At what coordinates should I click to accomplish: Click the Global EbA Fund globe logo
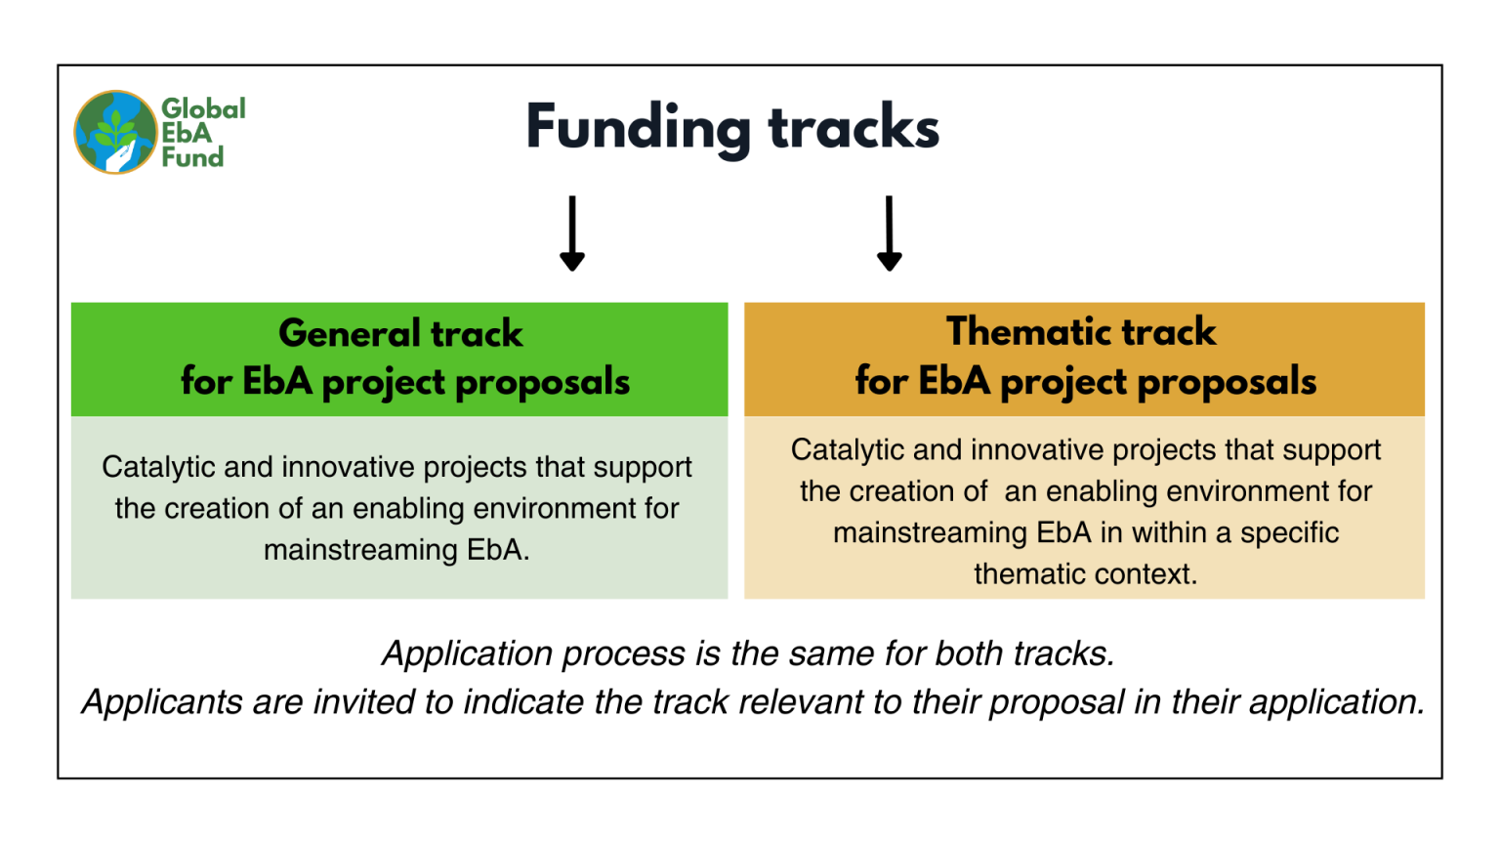click(115, 132)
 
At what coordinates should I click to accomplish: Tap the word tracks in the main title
click(854, 128)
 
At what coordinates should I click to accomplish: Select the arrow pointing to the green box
click(572, 233)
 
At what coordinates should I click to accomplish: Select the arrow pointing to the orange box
click(889, 233)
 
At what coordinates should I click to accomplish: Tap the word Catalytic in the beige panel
click(847, 449)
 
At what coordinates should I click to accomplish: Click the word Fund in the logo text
click(192, 157)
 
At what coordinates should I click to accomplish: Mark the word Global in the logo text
click(203, 108)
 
